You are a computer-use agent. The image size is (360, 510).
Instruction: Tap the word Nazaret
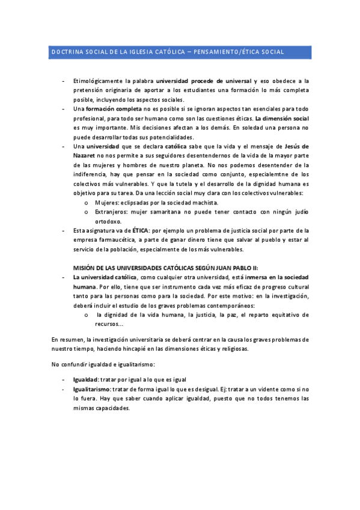[x=85, y=155]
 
